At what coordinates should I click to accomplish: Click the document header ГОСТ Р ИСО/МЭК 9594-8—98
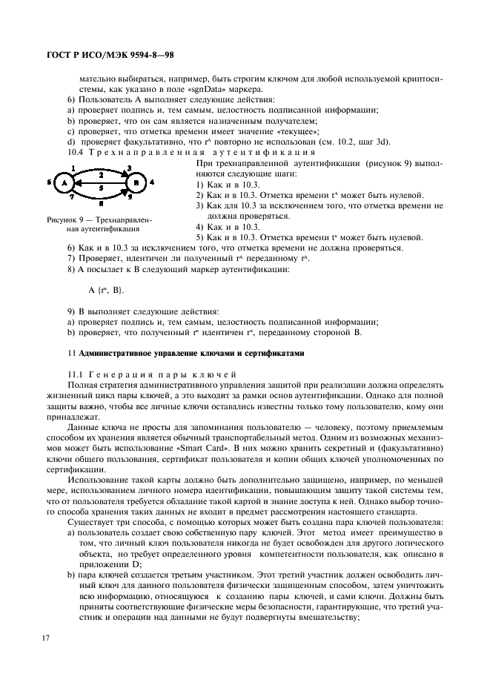(110, 56)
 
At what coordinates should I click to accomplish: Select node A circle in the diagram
(64, 182)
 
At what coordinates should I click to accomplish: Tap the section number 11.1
(76, 375)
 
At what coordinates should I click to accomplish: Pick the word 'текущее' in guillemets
(246, 131)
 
